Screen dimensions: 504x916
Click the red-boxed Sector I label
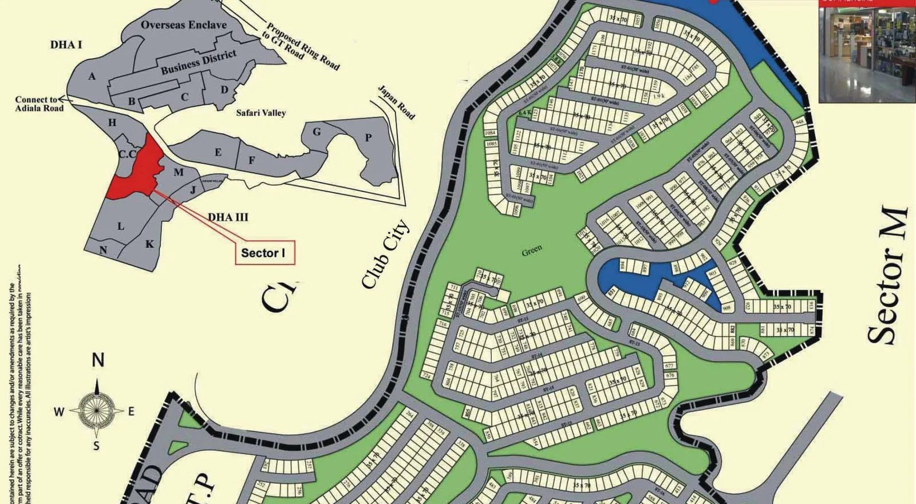coord(264,253)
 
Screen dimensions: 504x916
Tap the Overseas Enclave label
coord(183,25)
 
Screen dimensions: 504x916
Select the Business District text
coord(198,62)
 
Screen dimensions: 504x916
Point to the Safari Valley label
coord(260,113)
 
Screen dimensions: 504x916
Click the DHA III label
coord(228,217)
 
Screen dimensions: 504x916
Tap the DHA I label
coord(66,45)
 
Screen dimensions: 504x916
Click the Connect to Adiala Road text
coord(39,104)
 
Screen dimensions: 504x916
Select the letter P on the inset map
coord(368,137)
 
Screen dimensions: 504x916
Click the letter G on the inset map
coord(317,132)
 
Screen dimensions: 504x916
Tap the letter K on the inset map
coord(149,244)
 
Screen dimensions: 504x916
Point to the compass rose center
coord(97,410)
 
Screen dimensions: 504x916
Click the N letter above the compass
coord(98,360)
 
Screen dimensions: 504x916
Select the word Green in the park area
coord(532,250)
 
